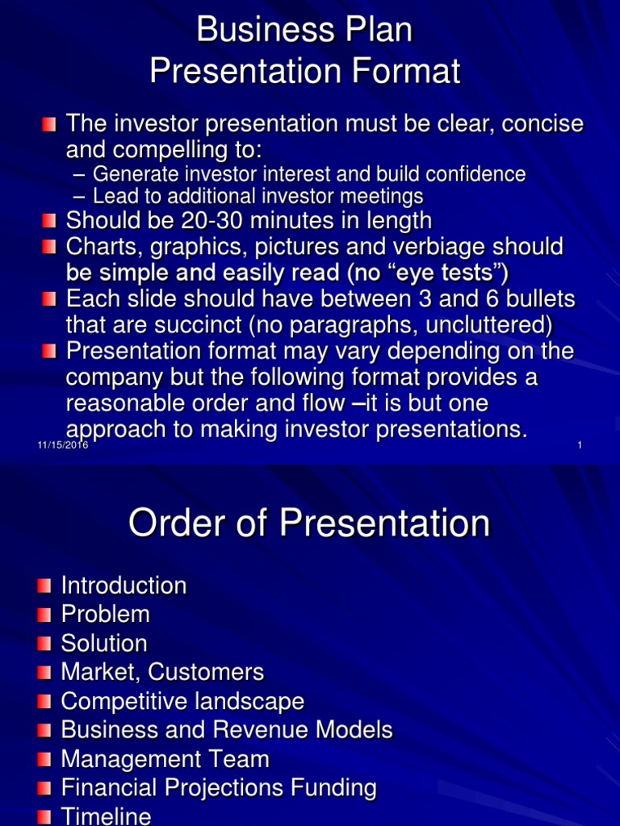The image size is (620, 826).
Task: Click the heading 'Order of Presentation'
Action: [309, 524]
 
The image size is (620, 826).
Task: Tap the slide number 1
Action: [580, 446]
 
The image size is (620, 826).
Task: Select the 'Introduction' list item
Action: [124, 586]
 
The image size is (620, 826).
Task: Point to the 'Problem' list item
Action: [105, 615]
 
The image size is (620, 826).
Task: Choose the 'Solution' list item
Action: [104, 644]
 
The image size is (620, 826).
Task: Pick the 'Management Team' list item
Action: [165, 759]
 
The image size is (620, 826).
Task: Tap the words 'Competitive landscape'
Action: [182, 701]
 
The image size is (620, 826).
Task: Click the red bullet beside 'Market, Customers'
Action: [44, 673]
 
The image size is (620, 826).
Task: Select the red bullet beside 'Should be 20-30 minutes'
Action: [50, 220]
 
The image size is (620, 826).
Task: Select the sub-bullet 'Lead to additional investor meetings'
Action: [258, 196]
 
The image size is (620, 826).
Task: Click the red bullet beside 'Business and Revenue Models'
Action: [44, 731]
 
